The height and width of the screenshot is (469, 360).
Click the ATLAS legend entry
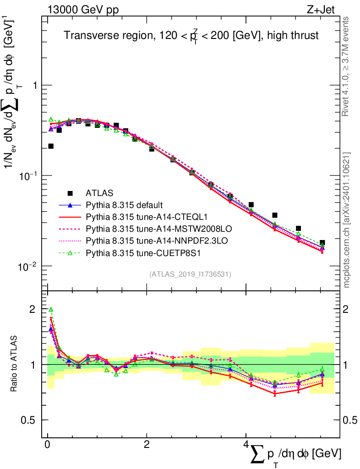(100, 193)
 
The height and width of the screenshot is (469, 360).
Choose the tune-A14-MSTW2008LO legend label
(145, 229)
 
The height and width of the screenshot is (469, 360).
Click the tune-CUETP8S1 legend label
(135, 252)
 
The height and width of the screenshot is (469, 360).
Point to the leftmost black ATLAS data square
(51, 146)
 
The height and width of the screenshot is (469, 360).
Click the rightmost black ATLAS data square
(322, 243)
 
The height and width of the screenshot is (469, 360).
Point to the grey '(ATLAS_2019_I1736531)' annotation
(190, 274)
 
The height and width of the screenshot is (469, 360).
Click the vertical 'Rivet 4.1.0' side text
(347, 66)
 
